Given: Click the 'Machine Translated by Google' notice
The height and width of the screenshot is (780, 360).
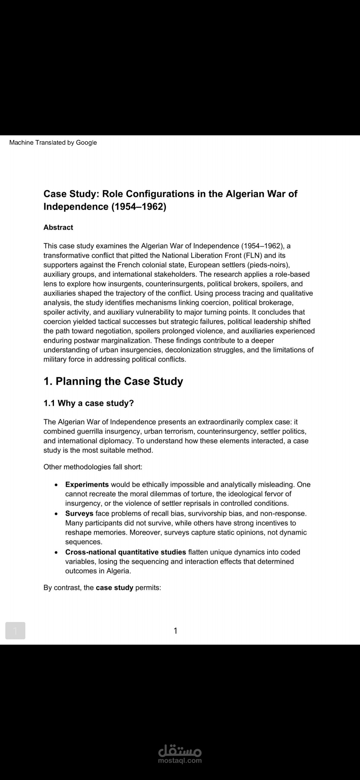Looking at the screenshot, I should coord(53,143).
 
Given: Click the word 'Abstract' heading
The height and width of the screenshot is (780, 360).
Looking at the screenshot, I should coord(58,227).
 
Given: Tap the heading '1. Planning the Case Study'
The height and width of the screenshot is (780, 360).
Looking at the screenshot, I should coord(113,381).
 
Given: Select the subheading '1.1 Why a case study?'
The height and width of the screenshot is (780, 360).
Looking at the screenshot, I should coord(89,403).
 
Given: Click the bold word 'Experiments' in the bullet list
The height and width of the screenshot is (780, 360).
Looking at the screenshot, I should coord(87,484).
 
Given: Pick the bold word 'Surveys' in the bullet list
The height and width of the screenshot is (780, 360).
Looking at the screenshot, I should coord(79,513).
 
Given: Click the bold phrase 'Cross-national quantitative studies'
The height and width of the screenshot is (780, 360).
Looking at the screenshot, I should coord(126,552).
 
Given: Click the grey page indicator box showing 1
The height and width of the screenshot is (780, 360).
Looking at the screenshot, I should coord(15,631).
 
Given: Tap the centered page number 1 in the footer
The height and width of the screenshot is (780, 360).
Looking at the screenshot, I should coord(176,631).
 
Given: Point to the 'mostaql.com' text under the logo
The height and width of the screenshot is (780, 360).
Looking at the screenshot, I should coord(180,761).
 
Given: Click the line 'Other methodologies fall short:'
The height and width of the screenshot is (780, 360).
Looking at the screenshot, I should coord(93,467).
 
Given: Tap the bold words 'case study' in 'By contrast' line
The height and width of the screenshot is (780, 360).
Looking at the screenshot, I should coord(114,588).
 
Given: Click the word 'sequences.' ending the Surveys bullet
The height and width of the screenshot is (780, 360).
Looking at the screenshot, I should coord(84,542).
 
